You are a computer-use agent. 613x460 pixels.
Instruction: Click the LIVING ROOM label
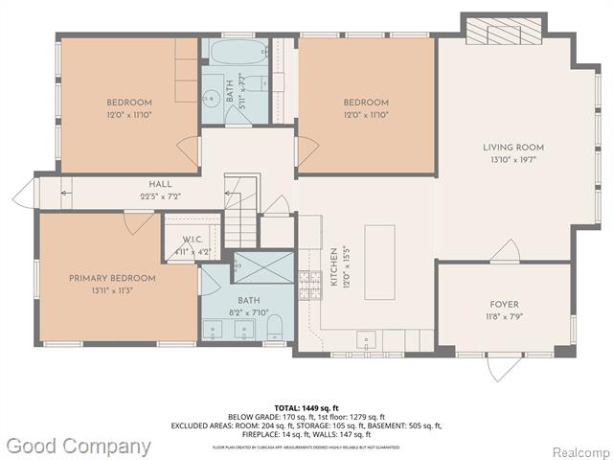pyautogui.click(x=512, y=148)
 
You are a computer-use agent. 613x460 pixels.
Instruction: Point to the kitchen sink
pyautogui.click(x=366, y=339)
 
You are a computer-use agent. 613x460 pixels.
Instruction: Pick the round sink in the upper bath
pyautogui.click(x=211, y=97)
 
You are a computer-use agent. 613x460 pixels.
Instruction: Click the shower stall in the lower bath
pyautogui.click(x=263, y=266)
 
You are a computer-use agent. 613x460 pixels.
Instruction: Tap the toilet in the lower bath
pyautogui.click(x=275, y=328)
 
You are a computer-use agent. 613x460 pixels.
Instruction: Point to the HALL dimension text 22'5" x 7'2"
pyautogui.click(x=159, y=196)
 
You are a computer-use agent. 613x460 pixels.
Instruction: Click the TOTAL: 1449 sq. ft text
pyautogui.click(x=306, y=406)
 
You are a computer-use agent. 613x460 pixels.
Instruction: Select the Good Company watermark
pyautogui.click(x=78, y=446)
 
